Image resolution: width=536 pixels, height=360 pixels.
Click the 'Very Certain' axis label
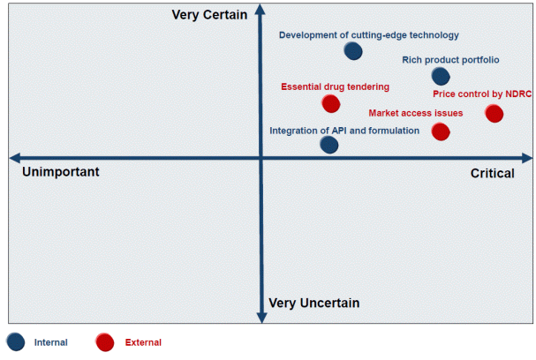[x=209, y=15]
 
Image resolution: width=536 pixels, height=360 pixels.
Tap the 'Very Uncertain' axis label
[x=313, y=303]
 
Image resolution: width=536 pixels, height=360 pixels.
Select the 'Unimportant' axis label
[x=61, y=171]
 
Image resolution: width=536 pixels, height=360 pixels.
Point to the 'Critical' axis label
[x=492, y=173]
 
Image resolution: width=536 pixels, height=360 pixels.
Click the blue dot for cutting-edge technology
[x=353, y=51]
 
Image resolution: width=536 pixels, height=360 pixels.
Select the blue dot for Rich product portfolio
[x=441, y=76]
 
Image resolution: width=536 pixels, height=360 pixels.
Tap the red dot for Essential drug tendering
[x=331, y=103]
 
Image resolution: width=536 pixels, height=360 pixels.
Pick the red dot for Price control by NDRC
[x=494, y=114]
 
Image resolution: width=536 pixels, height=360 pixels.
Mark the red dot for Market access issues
[x=441, y=131]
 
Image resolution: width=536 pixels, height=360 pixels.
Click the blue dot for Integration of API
[x=329, y=145]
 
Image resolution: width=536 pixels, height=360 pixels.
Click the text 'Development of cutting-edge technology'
[x=369, y=35]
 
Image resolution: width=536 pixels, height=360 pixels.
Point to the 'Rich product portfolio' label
[x=450, y=60]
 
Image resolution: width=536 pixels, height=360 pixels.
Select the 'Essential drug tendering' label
[x=335, y=86]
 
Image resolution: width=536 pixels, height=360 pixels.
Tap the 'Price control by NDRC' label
[x=482, y=94]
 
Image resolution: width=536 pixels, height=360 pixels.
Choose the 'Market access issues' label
[x=416, y=113]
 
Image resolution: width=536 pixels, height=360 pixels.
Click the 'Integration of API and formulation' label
[x=344, y=131]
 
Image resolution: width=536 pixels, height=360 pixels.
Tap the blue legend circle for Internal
[x=16, y=341]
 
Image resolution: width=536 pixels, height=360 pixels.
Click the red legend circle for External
[x=104, y=342]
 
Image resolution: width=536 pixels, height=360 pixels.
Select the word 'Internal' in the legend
[x=51, y=342]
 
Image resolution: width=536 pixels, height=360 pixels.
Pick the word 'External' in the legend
[x=143, y=342]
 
